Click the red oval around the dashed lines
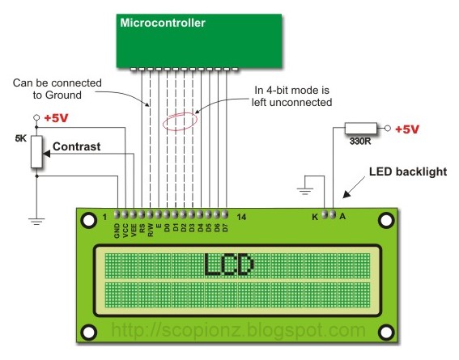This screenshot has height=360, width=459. (x=180, y=123)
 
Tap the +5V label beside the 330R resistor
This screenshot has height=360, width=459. (x=410, y=129)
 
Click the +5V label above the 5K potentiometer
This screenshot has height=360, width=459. (x=57, y=118)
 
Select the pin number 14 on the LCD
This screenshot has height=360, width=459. (x=242, y=217)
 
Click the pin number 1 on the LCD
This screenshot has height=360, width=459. (x=104, y=217)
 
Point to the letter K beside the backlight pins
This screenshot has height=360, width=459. (x=314, y=217)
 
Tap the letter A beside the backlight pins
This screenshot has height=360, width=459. (x=343, y=217)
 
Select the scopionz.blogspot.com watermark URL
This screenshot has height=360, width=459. (x=237, y=330)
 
